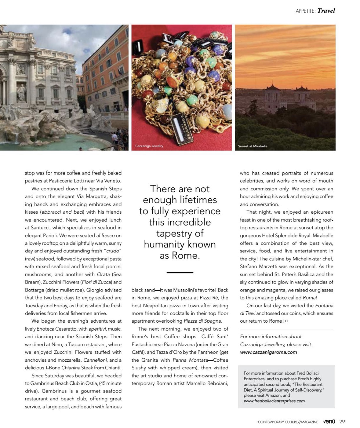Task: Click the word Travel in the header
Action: click(326, 11)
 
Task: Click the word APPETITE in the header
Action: click(305, 11)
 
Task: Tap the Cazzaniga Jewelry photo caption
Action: click(149, 146)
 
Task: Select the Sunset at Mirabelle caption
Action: click(252, 146)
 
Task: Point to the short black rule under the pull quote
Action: click(180, 272)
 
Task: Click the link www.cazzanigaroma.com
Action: click(268, 352)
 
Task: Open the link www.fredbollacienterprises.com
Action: click(274, 401)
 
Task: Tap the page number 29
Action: click(342, 422)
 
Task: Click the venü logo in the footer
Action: click(329, 422)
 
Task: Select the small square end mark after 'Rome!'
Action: click(287, 321)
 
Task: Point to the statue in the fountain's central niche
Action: click(21, 93)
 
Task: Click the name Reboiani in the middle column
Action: click(217, 383)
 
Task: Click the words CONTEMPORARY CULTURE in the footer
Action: click(277, 422)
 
